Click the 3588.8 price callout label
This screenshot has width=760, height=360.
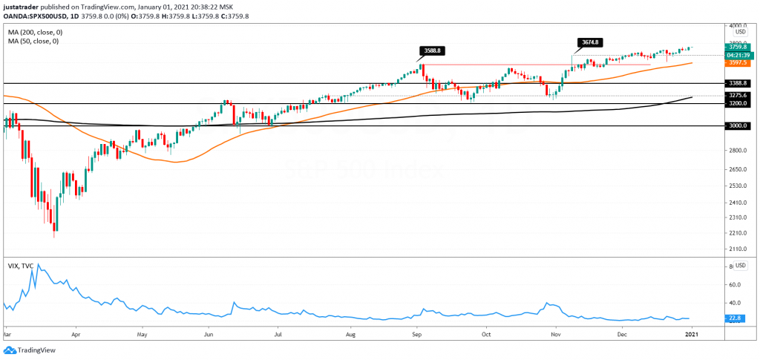pos(430,51)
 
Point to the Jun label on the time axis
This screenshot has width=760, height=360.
pos(209,335)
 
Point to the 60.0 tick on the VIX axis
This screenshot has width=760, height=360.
pos(736,284)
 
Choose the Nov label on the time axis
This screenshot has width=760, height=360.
pos(556,335)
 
